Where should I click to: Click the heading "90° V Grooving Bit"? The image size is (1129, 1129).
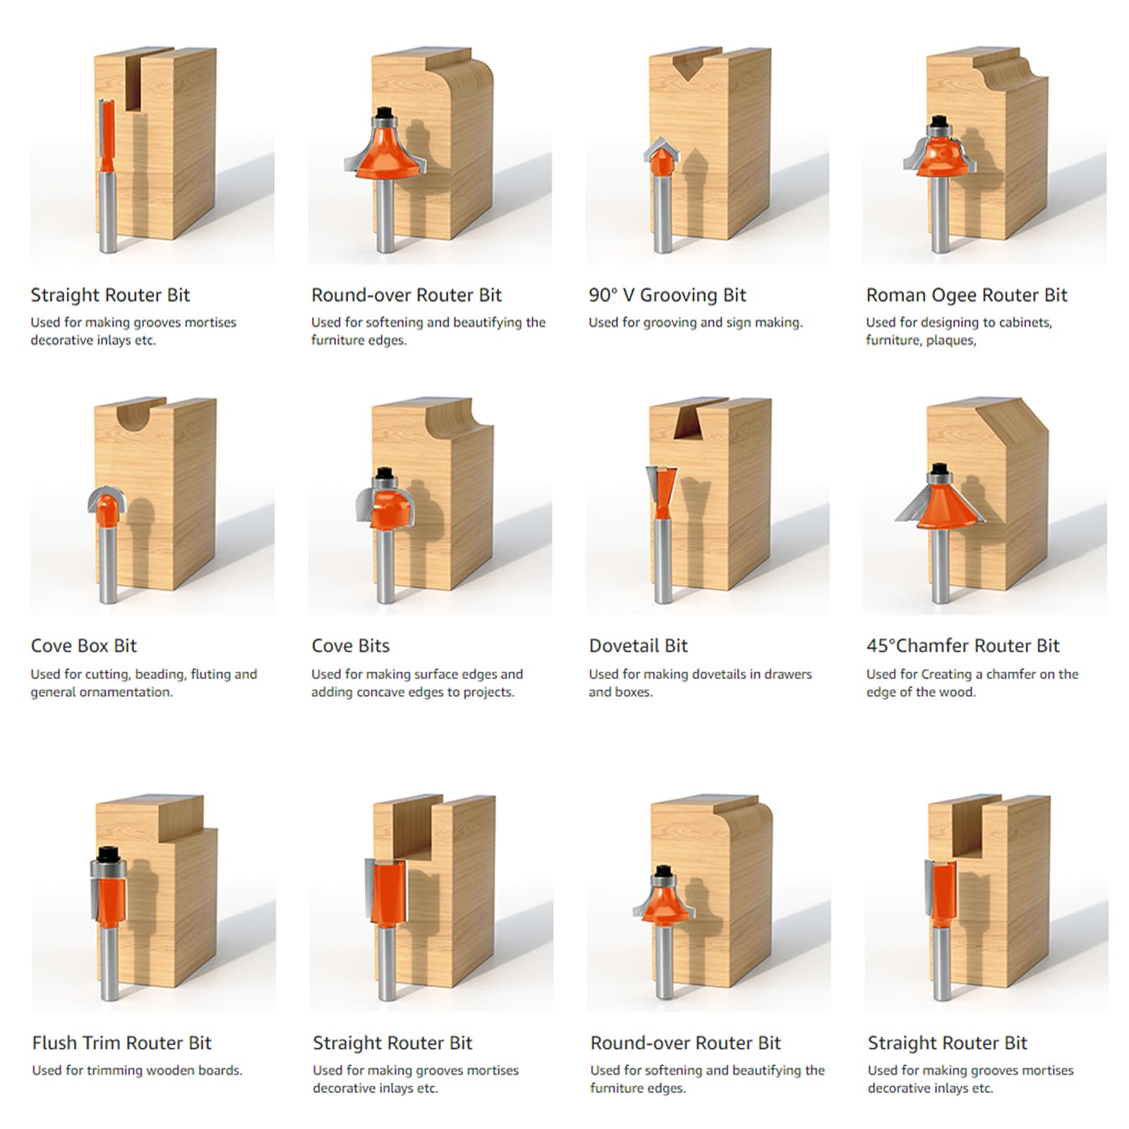tap(667, 295)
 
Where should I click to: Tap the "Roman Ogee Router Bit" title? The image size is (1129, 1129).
tap(967, 295)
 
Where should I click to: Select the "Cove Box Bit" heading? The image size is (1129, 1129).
tap(83, 646)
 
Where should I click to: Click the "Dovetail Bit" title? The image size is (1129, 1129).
tap(638, 646)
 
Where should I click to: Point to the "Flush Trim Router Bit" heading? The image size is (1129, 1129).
tap(121, 1043)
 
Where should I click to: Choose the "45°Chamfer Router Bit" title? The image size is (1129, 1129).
tap(962, 646)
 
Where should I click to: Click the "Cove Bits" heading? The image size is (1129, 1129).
tap(350, 646)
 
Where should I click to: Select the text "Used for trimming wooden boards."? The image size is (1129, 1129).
tap(137, 1070)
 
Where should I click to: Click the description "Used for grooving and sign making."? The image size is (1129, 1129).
tap(696, 322)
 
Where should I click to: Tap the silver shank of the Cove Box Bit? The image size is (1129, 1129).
tap(108, 564)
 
